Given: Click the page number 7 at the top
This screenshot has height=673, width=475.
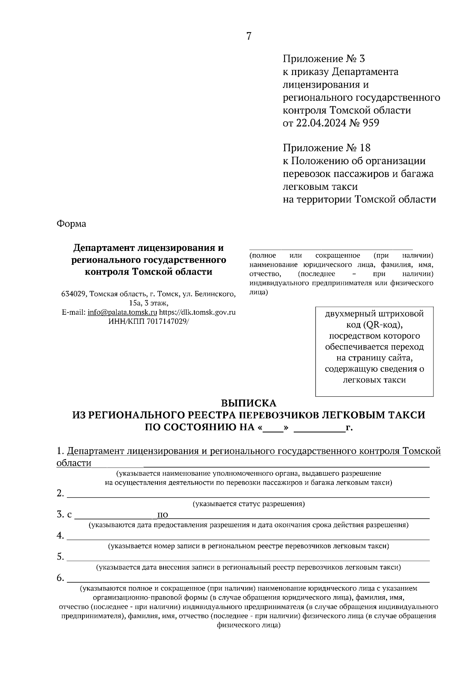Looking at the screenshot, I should pos(249,36).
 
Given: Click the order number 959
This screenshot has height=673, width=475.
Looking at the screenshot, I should pos(370,123).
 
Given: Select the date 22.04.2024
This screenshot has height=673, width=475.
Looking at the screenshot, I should pos(319,123).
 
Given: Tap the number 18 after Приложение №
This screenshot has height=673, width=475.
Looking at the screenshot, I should pos(365,148).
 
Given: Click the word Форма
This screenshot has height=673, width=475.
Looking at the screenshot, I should pos(71,224).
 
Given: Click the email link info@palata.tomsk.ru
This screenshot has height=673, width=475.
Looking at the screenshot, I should pos(122,312).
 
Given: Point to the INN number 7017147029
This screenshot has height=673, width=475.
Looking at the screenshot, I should pos(166,321).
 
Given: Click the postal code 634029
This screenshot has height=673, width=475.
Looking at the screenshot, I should pos(74,294).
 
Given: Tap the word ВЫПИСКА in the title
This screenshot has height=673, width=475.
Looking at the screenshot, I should pos(248,403).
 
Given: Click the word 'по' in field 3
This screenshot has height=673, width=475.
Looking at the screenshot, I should pos(163,515).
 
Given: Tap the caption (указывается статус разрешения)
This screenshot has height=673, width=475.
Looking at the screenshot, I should pos(248,504).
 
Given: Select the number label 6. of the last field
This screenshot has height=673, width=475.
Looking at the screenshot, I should pos(60,578).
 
